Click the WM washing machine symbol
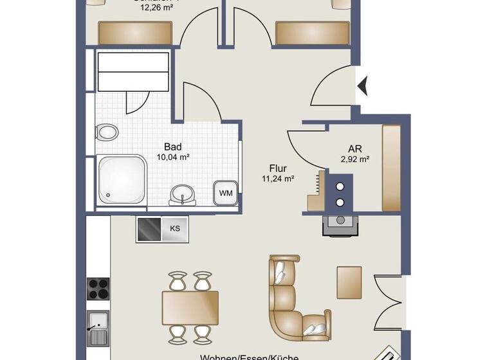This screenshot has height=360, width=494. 226,192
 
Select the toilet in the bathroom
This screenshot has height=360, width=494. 107,133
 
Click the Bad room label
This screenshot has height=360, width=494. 172,146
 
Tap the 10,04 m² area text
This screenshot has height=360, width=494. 172,156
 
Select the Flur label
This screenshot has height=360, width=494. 278,170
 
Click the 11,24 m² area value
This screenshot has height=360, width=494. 279,180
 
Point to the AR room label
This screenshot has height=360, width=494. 354,148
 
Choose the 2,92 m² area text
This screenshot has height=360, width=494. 354,159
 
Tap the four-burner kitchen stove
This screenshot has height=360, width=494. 98,287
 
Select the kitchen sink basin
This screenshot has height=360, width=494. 98,319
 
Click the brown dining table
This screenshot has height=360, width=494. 190,307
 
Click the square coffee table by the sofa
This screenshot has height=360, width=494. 349,282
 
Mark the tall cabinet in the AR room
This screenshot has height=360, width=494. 391,168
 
